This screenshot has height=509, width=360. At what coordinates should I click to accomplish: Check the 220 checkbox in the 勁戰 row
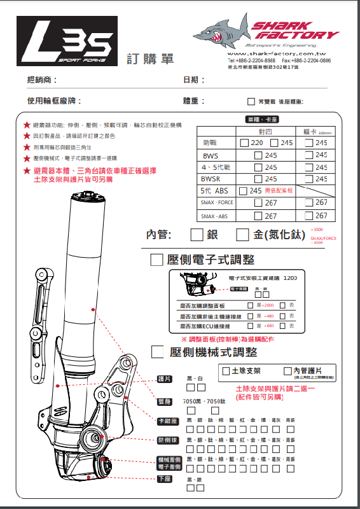pos(244,143)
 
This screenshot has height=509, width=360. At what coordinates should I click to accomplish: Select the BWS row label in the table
pos(209,155)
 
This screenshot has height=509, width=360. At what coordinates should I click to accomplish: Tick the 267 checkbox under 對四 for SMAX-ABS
pos(258,216)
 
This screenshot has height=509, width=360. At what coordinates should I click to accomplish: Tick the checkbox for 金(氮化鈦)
pos(242,235)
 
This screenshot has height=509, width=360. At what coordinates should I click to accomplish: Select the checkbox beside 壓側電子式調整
pos(156,260)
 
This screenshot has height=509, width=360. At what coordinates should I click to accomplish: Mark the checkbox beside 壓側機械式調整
pos(158,352)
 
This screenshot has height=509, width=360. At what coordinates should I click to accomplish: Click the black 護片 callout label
pos(165,379)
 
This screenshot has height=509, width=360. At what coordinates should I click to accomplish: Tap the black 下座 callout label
pos(165,478)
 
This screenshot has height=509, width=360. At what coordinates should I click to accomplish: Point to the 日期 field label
pos(191,80)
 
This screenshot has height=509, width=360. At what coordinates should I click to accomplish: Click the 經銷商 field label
pos(42,80)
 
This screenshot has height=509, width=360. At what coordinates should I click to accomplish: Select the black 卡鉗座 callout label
pos(167,421)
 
